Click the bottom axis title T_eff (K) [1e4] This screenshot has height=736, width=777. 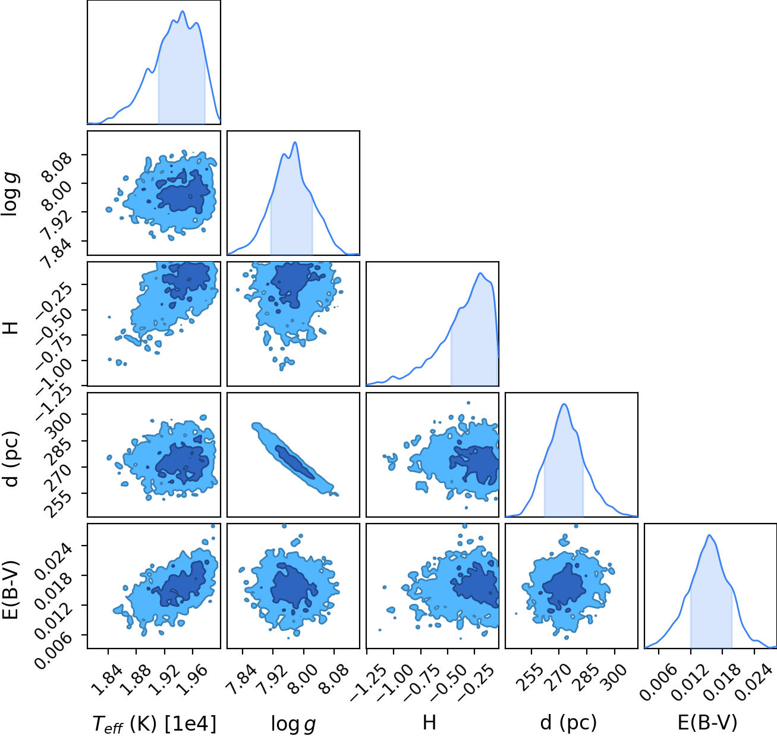point(155,724)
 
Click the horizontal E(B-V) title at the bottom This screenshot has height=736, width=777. point(707,722)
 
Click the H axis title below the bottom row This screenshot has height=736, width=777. point(429,722)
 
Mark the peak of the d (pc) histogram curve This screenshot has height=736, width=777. point(564,404)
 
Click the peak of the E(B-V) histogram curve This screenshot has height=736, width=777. point(709,535)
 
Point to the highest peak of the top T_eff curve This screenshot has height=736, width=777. point(183,11)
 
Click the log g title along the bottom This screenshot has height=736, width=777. point(293,724)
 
